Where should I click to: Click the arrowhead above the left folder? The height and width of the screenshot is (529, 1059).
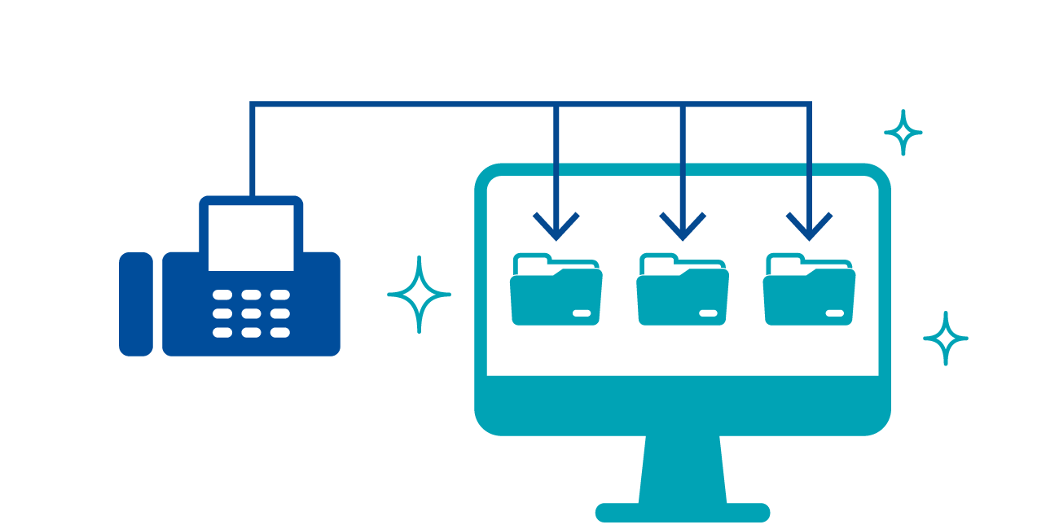[556, 228]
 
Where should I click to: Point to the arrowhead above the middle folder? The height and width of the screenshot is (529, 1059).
[683, 228]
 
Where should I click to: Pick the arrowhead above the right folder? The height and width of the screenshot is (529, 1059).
[809, 228]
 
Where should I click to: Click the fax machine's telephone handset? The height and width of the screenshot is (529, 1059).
[136, 304]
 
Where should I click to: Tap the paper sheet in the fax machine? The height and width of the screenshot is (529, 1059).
[251, 237]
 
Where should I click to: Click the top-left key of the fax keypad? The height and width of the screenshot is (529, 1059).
[222, 295]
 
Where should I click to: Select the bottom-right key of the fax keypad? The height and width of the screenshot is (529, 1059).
[280, 332]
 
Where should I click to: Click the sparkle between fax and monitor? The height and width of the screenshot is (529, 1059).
[419, 295]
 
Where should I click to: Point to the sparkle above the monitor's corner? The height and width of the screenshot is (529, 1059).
[903, 132]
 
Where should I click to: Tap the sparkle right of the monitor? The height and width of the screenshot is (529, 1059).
[945, 338]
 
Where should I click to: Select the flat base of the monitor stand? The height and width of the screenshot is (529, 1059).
[683, 513]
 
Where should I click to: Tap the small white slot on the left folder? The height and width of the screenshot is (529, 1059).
[582, 313]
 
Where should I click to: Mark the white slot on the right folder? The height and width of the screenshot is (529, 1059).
[834, 313]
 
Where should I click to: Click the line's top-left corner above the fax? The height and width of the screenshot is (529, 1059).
[252, 104]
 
